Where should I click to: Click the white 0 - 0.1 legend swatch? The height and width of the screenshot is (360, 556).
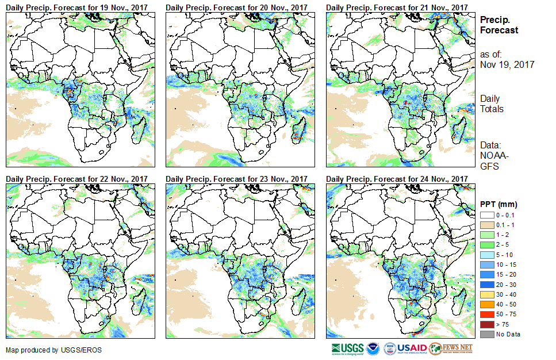tap(486, 215)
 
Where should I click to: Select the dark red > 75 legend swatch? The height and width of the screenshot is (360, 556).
tap(486, 324)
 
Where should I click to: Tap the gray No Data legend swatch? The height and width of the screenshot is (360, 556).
tap(486, 334)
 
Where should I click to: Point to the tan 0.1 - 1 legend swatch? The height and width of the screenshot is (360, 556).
tap(486, 224)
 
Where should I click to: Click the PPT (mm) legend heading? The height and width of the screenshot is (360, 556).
tap(499, 204)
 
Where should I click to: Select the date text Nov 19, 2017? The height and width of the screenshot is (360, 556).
tap(507, 64)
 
